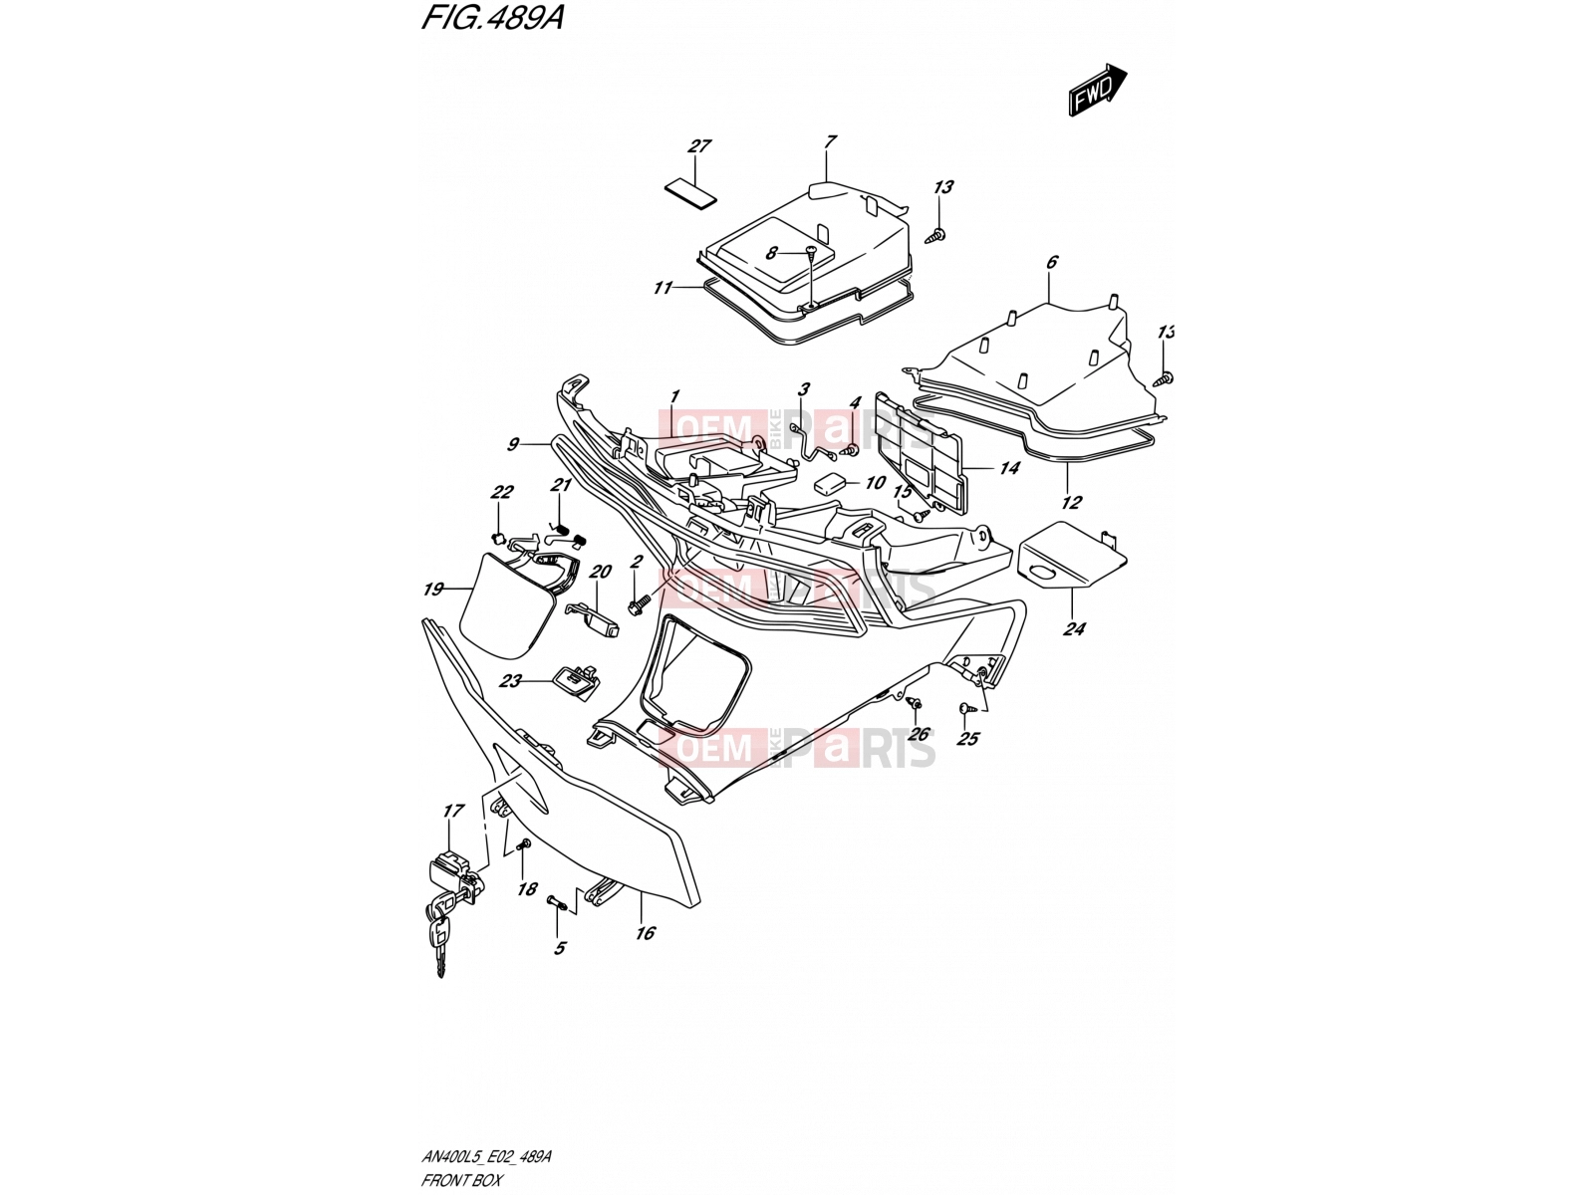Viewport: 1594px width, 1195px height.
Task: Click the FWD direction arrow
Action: (1097, 90)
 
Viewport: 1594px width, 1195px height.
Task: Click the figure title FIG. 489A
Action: (492, 18)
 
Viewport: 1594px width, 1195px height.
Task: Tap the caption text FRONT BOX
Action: (461, 1180)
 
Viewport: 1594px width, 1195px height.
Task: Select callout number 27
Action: (699, 145)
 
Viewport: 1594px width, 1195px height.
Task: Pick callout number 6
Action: (1052, 261)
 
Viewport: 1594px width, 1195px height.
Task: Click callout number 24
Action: (1074, 629)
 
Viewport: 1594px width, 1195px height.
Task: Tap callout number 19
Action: (433, 590)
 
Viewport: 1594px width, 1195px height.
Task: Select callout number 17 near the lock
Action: (453, 810)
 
